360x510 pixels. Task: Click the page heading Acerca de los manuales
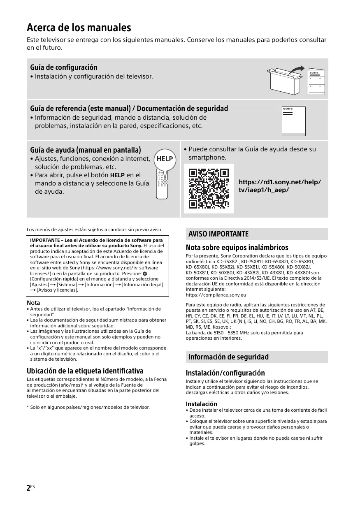pos(79,28)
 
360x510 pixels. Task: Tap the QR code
pos(209,188)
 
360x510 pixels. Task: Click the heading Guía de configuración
pos(64,67)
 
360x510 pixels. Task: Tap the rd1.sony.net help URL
pos(280,186)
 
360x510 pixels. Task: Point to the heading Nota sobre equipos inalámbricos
pos(237,248)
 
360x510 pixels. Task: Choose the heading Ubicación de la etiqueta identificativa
pos(85,370)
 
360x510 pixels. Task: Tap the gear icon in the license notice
pos(145,274)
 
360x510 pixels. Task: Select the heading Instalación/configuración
pos(225,373)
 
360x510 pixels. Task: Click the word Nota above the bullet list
pos(33,303)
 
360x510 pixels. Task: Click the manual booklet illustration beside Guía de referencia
pos(293,121)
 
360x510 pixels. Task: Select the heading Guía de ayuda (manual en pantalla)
pos(86,150)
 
